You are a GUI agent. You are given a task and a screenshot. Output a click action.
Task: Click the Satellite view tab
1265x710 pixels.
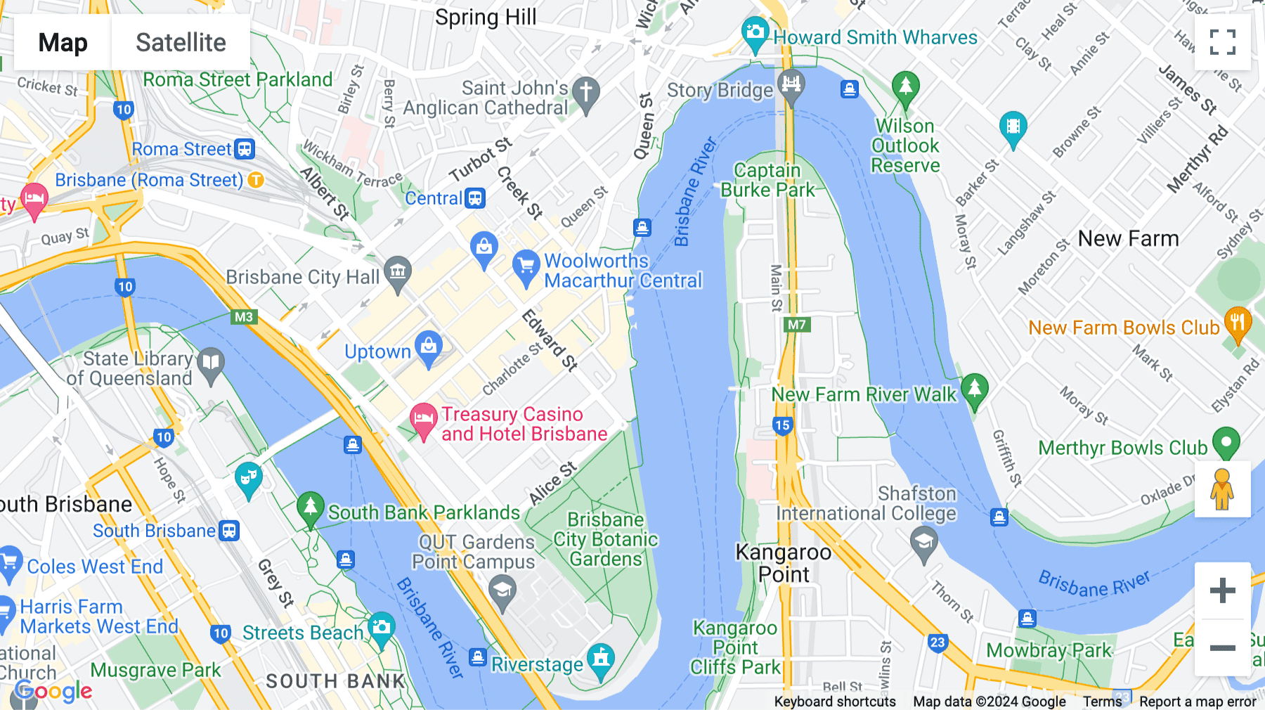click(x=181, y=43)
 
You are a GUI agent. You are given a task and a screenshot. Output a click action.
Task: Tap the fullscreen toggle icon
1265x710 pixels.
click(x=1222, y=42)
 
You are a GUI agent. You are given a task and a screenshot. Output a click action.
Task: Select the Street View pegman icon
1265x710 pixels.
click(x=1222, y=489)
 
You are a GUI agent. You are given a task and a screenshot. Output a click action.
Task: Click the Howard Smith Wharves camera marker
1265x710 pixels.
click(x=755, y=33)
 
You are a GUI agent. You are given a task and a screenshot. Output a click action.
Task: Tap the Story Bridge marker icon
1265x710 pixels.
click(x=791, y=85)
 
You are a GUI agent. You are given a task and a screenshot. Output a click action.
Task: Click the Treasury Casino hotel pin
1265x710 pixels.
click(x=423, y=419)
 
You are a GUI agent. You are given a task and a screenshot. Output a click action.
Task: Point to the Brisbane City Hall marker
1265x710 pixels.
click(x=398, y=272)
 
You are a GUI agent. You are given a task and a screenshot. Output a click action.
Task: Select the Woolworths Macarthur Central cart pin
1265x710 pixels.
click(x=526, y=266)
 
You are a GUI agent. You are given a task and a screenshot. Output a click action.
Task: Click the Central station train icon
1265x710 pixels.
click(x=476, y=198)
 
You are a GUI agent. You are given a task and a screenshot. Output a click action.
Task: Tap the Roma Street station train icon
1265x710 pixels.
click(x=245, y=149)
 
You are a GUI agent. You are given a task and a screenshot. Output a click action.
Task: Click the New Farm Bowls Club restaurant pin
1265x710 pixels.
click(x=1237, y=323)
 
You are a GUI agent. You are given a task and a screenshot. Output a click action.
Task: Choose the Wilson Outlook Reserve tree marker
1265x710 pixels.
click(x=905, y=87)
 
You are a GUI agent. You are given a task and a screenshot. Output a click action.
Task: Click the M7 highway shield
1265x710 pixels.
click(x=797, y=325)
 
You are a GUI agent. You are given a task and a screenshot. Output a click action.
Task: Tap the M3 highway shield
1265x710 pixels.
click(x=243, y=317)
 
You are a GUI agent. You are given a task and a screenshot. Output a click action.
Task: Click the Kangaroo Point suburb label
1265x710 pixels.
click(x=783, y=563)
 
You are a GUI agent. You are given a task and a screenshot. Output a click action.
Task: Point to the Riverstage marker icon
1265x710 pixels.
click(x=600, y=659)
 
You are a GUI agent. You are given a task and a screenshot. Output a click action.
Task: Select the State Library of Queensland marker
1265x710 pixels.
click(x=211, y=363)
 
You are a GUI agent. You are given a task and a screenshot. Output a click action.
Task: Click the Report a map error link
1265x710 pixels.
click(x=1197, y=702)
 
